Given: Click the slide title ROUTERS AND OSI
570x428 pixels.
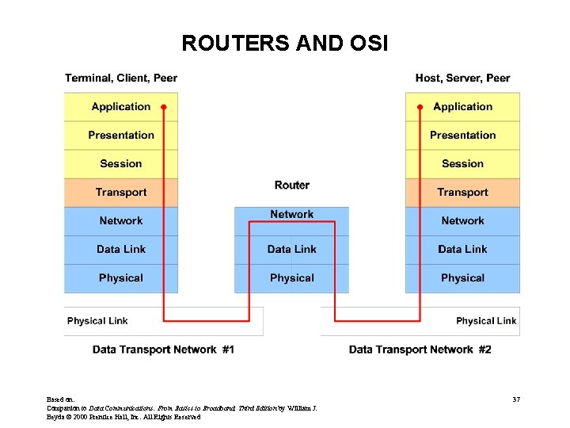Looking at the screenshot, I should (284, 43).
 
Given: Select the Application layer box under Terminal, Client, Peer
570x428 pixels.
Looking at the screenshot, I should (120, 107).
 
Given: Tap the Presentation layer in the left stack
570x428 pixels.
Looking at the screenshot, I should (120, 136).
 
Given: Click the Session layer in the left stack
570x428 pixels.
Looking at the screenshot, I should (120, 164).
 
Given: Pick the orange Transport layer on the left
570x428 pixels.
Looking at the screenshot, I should (120, 193).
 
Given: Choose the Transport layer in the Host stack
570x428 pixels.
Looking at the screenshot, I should (462, 193).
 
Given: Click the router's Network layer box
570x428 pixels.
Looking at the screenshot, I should (291, 215).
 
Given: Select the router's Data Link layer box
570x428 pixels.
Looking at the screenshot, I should (291, 250).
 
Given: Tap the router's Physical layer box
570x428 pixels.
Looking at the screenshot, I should (291, 278).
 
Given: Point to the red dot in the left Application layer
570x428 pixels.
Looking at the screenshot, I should (164, 106).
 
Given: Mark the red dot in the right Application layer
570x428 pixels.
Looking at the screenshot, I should (420, 106).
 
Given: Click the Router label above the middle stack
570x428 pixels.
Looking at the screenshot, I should (291, 185).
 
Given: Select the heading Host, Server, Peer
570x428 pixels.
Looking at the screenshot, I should (462, 78).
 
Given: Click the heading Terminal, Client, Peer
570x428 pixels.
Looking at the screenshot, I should (121, 78).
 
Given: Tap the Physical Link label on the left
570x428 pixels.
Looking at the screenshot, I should (97, 321).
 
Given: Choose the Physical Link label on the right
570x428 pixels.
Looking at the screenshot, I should (485, 321).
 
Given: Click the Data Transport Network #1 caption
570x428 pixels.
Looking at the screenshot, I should (163, 350).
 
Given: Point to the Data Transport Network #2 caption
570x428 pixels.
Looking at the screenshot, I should (420, 350).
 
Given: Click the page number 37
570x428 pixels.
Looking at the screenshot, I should (515, 399).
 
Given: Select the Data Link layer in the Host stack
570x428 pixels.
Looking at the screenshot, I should (462, 250).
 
